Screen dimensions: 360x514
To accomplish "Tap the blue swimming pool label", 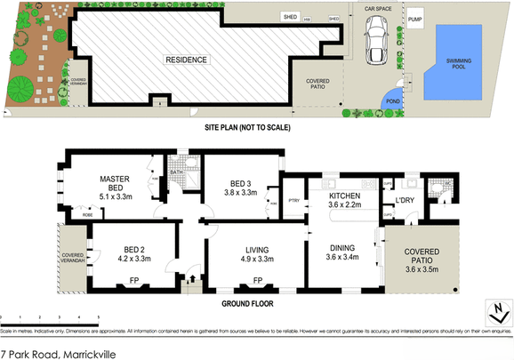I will point(460,64).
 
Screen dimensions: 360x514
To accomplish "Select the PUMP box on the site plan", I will point(415,18).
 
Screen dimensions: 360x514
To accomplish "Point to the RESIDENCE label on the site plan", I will point(185,60).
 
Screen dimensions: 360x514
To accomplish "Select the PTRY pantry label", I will point(293,200).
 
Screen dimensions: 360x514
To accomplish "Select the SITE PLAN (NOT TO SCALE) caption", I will point(248,128).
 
